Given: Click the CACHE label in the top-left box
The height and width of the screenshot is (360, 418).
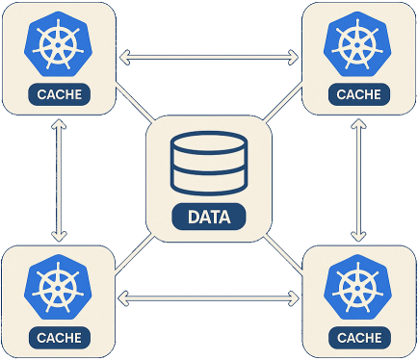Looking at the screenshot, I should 60,94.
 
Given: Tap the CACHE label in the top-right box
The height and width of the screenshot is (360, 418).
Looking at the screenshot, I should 357,94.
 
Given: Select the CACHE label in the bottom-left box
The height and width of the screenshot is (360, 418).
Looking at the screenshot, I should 60,338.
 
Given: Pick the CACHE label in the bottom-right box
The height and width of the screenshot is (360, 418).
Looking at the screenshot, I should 357,338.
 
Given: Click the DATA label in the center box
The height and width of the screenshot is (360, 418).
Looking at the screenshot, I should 209,217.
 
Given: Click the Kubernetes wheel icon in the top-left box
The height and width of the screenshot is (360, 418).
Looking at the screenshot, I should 60,45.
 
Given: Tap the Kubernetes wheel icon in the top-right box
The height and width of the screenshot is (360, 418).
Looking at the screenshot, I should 357,45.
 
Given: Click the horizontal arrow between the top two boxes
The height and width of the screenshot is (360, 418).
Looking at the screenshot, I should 209,58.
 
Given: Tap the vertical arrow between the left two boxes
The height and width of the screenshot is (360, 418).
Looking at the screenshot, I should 60,180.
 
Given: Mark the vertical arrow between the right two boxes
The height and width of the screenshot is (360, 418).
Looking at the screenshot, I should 359,180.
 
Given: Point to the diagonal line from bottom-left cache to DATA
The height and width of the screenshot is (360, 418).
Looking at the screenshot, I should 135,255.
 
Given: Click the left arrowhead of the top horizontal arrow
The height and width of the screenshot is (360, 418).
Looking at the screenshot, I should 124,58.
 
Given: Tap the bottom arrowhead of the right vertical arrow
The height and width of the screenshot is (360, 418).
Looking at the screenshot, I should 359,235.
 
